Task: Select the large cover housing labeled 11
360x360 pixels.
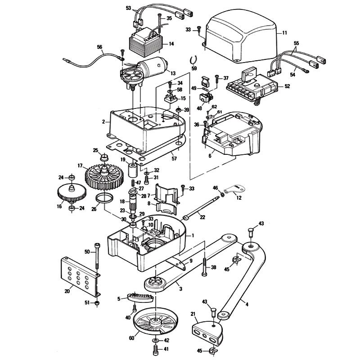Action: coord(238,36)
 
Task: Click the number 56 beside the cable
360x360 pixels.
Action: coord(99,46)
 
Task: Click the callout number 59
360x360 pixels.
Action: coord(194,68)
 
